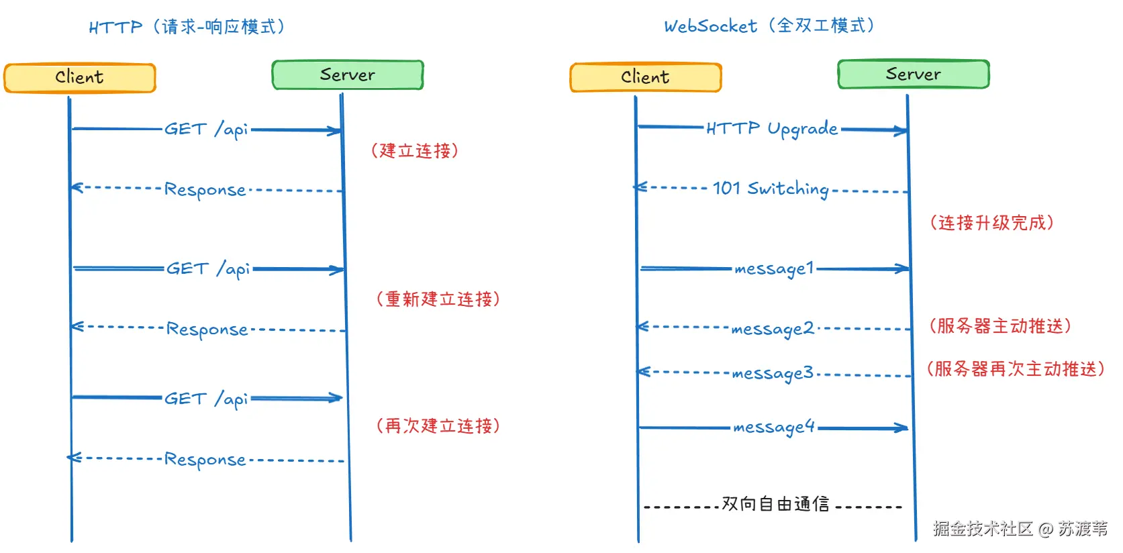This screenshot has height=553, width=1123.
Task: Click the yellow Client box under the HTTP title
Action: click(79, 78)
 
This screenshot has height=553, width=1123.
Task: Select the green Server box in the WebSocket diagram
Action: click(913, 74)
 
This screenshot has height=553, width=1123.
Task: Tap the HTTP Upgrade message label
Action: click(772, 128)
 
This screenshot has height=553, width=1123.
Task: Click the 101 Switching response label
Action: click(771, 189)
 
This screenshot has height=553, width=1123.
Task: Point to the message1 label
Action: click(773, 269)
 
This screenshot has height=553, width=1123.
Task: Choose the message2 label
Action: click(772, 329)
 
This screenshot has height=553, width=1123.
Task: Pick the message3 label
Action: click(772, 373)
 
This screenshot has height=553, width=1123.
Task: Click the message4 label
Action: click(773, 427)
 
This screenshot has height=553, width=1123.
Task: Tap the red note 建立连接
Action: click(415, 151)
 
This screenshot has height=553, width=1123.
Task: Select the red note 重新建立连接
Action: click(438, 299)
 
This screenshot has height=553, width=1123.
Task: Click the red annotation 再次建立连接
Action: click(438, 426)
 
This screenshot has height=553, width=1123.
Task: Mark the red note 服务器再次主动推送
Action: click(1016, 369)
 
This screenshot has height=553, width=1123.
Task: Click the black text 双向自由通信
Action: click(775, 504)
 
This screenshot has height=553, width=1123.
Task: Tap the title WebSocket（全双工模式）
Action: click(769, 26)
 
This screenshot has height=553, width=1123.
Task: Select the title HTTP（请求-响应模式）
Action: click(187, 28)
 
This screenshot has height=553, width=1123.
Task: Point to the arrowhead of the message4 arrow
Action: click(901, 428)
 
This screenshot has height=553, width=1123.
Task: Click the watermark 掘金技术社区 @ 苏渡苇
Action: click(1020, 529)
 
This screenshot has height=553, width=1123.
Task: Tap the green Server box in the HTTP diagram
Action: click(347, 75)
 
